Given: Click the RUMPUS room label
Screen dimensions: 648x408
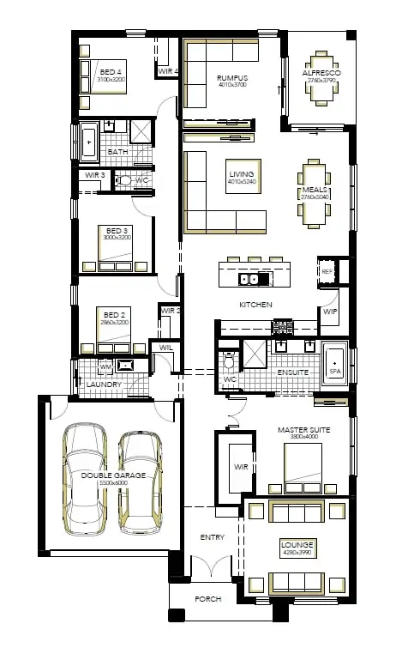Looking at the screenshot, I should click(231, 77).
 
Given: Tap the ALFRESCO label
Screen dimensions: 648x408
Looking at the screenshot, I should click(321, 75).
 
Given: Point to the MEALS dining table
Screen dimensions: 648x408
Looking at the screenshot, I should click(314, 197).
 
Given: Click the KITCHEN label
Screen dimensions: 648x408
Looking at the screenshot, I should click(255, 305).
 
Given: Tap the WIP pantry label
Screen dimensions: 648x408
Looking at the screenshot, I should click(330, 312).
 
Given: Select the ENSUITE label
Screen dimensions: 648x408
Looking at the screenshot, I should click(292, 373).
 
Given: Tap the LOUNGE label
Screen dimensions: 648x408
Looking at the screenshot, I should click(297, 544).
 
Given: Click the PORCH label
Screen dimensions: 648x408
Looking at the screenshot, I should click(208, 599).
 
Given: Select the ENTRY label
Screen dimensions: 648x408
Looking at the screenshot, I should click(212, 537).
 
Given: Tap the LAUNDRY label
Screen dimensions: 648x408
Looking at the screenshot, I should click(104, 385).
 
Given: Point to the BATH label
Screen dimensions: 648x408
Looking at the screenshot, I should click(118, 152).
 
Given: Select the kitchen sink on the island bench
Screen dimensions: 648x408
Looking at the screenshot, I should click(249, 279).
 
